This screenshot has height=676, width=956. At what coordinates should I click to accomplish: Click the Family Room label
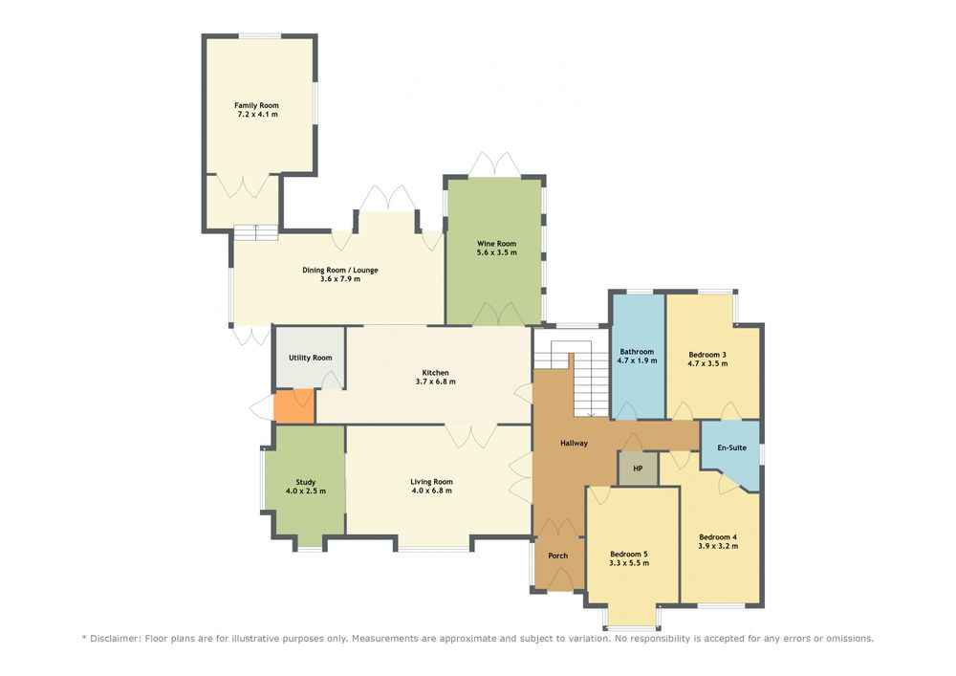click(256, 105)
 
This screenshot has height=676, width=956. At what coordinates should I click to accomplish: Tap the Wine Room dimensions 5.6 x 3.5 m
click(497, 252)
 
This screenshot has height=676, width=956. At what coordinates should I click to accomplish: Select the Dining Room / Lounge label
click(340, 270)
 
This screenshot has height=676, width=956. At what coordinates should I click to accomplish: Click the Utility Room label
click(311, 358)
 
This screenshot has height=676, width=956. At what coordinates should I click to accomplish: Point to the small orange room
click(293, 407)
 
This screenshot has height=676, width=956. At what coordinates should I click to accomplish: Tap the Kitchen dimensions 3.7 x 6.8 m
click(435, 382)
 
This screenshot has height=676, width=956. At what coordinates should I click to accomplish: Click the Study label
click(306, 482)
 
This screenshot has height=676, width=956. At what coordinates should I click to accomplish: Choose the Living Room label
click(432, 482)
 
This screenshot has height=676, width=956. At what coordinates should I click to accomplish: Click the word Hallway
click(574, 443)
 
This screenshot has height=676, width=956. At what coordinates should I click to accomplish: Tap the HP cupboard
click(639, 469)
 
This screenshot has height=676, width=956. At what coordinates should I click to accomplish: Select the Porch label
click(558, 556)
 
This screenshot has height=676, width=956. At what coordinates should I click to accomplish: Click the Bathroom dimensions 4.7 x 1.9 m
click(637, 360)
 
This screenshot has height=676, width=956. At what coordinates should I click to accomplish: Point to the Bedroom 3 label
click(707, 354)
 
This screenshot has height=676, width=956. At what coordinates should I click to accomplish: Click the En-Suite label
click(731, 447)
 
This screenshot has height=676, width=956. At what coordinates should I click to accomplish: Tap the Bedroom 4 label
click(718, 537)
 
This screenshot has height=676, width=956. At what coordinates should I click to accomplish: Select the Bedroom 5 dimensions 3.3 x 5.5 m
click(629, 563)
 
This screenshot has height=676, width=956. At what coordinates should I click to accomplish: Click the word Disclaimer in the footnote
click(116, 639)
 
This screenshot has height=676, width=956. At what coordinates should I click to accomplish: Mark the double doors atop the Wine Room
click(494, 164)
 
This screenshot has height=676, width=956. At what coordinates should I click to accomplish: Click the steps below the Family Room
click(256, 232)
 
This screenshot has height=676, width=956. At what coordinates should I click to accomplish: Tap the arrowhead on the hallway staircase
click(591, 415)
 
